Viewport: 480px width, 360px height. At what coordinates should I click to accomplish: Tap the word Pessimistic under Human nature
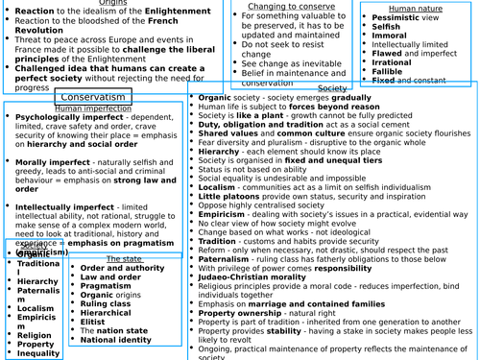(394, 17)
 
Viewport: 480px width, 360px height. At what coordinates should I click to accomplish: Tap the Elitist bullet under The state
(96, 321)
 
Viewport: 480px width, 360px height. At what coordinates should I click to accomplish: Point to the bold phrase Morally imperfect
(51, 163)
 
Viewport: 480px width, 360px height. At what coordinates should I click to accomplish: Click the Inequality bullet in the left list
(38, 352)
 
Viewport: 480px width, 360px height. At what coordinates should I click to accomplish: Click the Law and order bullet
(110, 277)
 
